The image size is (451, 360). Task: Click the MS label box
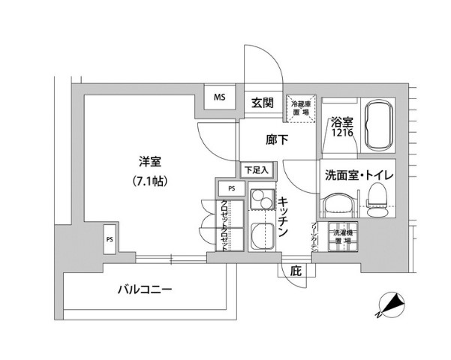tap(220, 98)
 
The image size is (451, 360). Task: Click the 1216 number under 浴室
tap(342, 134)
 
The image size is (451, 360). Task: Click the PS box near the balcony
tap(110, 240)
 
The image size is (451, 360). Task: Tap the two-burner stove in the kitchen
tap(262, 201)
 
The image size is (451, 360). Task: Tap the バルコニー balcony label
tap(145, 289)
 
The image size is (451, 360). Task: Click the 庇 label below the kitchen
tap(296, 271)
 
